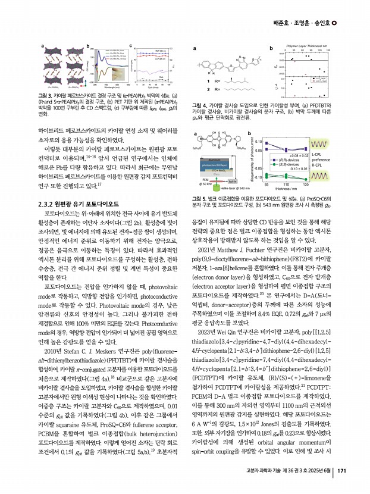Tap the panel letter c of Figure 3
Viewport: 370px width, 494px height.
coord(130,45)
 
